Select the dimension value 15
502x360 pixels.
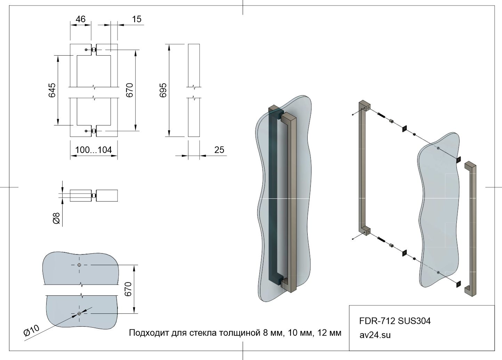pyautogui.click(x=137, y=19)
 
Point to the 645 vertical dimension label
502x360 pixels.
pyautogui.click(x=52, y=90)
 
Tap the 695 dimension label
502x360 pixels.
pyautogui.click(x=163, y=90)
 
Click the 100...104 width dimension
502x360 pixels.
pyautogui.click(x=94, y=150)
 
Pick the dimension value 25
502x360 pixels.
pyautogui.click(x=219, y=150)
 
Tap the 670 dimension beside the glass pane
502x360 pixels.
pyautogui.click(x=128, y=289)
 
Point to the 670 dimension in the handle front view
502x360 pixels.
pyautogui.click(x=129, y=90)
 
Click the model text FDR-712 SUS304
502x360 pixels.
pyautogui.click(x=395, y=321)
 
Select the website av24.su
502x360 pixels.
pyautogui.click(x=375, y=335)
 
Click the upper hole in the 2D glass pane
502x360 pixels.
pyautogui.click(x=80, y=265)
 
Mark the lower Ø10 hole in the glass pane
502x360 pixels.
pyautogui.click(x=80, y=314)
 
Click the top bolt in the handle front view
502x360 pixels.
pyautogui.click(x=94, y=50)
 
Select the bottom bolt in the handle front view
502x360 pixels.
pyautogui.click(x=94, y=131)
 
